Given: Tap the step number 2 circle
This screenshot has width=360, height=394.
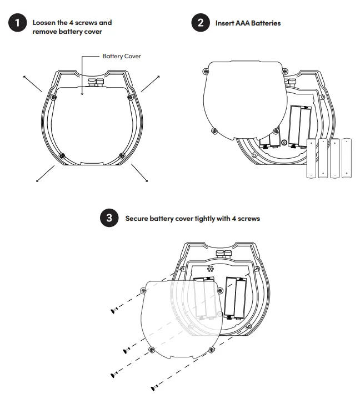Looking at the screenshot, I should point(199,23).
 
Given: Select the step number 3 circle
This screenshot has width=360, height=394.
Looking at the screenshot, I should point(109,218).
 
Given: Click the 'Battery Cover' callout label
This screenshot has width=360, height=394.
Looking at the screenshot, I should point(122,57).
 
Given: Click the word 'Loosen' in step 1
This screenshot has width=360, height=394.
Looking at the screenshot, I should point(43,23).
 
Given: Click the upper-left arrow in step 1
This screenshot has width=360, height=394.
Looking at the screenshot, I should point(33,82).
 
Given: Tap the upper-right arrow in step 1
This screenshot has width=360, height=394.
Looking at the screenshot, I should point(150,82).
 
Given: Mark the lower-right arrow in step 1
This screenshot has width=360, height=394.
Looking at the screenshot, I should point(139,173).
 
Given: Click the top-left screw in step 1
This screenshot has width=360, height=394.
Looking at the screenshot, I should point(54,98).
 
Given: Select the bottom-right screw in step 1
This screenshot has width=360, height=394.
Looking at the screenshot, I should point(121,154).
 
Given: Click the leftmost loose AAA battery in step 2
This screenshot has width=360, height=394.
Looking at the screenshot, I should point(311,158).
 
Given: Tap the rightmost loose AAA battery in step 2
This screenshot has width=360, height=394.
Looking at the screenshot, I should point(347,158).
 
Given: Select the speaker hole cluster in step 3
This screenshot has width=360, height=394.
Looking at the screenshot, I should point(211,269).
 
